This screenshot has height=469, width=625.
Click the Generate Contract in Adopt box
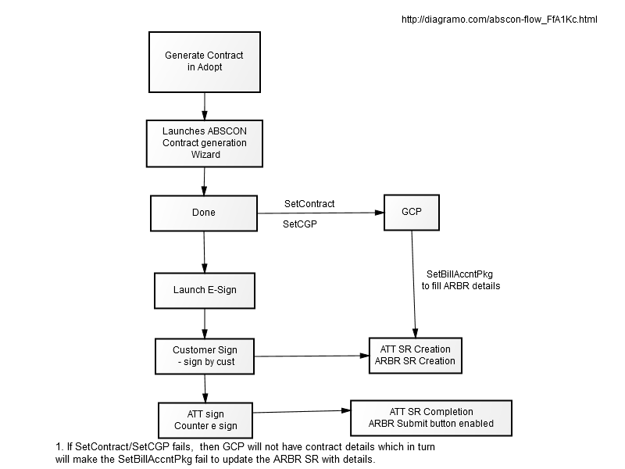click(x=205, y=63)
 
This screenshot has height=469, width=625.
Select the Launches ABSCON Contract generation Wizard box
click(x=205, y=144)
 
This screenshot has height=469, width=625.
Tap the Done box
click(x=204, y=213)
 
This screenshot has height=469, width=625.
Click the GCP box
click(x=412, y=213)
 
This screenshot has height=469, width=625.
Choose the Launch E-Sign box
click(x=205, y=291)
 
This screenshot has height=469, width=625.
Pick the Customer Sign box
click(x=205, y=356)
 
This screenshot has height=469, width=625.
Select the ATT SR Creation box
click(x=416, y=356)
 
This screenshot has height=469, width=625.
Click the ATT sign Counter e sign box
click(x=205, y=420)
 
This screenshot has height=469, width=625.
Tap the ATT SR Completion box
click(x=431, y=418)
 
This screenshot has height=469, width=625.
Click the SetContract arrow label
click(x=309, y=204)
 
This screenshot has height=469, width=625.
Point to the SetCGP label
click(x=300, y=224)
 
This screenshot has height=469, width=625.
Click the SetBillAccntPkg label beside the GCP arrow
click(x=461, y=280)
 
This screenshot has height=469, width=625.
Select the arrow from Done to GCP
click(x=320, y=213)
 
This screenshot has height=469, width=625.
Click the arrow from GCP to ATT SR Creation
click(x=414, y=284)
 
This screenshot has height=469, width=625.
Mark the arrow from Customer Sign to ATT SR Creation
click(x=312, y=356)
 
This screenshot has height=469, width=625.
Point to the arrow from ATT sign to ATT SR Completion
click(x=302, y=412)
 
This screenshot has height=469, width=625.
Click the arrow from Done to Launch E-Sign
click(x=204, y=252)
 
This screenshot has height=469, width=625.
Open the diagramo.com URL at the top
click(x=499, y=19)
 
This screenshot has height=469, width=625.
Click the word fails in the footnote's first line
click(x=184, y=446)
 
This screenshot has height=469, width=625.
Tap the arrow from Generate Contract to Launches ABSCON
click(x=205, y=106)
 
